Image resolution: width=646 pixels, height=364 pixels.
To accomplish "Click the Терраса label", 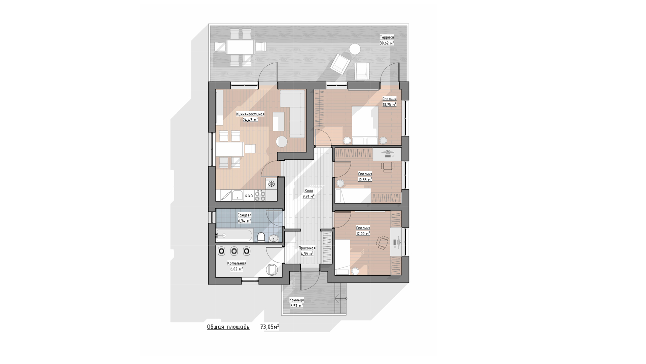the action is click(387, 37).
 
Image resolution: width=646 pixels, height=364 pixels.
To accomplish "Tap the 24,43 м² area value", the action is click(250, 120).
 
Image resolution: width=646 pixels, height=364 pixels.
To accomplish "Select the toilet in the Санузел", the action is click(261, 237).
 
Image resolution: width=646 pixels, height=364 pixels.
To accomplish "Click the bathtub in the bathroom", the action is click(234, 235).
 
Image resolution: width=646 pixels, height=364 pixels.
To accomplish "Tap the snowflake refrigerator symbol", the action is click(271, 184).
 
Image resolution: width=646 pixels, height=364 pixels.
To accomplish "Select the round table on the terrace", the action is click(355, 50).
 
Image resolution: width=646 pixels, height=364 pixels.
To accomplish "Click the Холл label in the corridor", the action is click(309, 191).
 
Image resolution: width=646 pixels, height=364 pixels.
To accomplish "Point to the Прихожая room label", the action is click(307, 248).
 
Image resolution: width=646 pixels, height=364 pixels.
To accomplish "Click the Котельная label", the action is click(237, 264).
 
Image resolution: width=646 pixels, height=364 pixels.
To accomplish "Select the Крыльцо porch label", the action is click(297, 300).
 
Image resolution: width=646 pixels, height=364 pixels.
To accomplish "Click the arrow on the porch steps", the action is click(341, 298).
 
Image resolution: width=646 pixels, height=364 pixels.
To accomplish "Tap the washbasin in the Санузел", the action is click(274, 238).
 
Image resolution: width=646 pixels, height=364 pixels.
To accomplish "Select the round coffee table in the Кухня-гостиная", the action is click(282, 142).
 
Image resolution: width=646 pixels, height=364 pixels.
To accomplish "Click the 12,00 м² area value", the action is click(363, 233).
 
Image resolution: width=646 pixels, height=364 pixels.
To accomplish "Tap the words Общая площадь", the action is click(228, 327).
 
